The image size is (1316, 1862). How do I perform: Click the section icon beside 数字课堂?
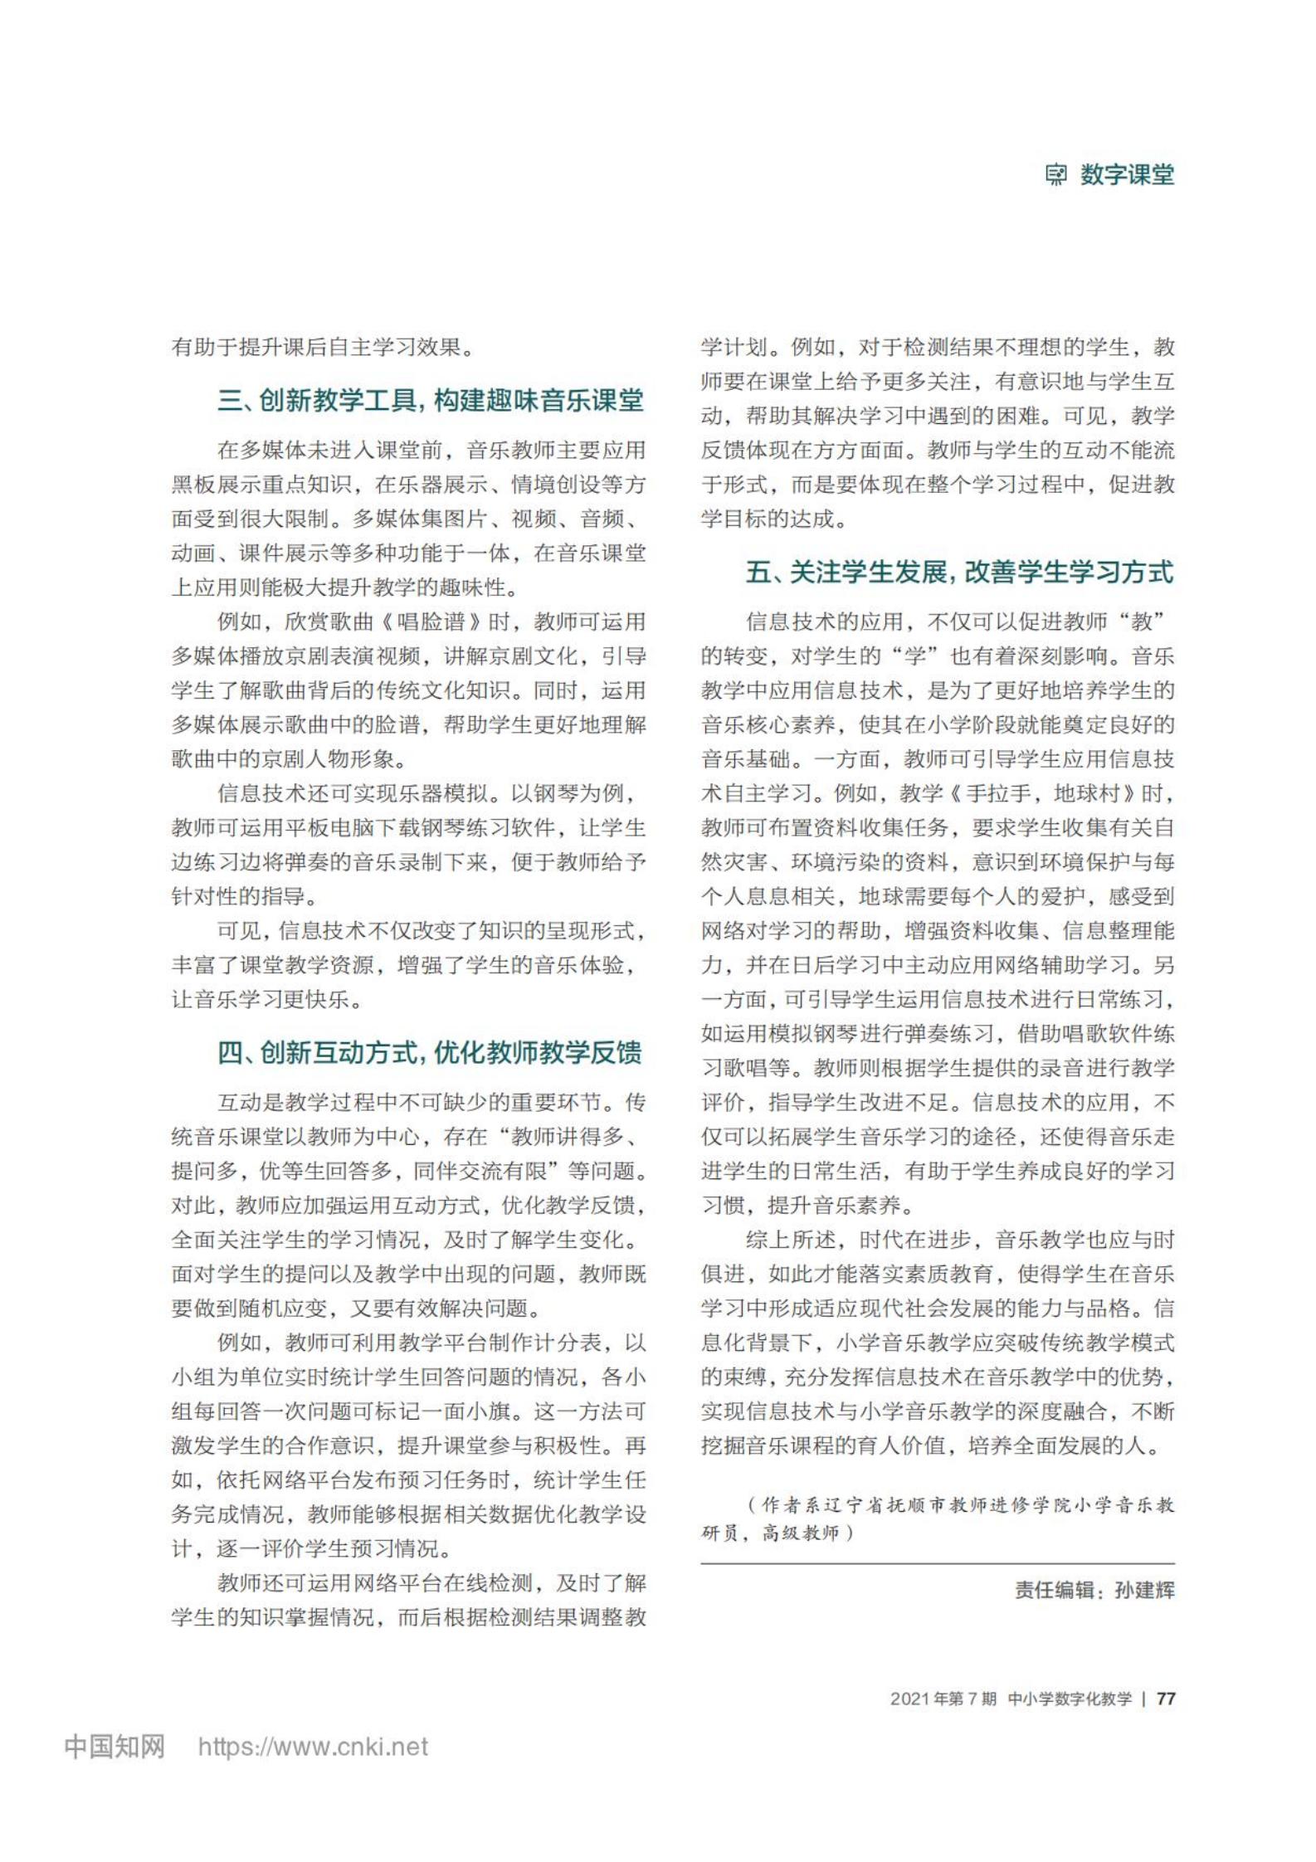click(x=1055, y=175)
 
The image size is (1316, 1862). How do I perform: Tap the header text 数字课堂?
click(x=1127, y=175)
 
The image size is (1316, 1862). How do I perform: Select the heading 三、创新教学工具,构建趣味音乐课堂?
click(x=430, y=401)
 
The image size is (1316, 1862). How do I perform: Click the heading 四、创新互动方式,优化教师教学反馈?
click(x=430, y=1053)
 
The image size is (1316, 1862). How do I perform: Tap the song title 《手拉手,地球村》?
click(x=1042, y=793)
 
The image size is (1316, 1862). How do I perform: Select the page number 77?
click(x=1166, y=1693)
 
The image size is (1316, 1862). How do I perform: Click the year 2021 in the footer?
click(x=910, y=1693)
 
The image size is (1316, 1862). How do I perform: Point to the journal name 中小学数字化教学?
click(x=1070, y=1693)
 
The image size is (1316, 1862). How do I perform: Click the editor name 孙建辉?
click(x=1145, y=1590)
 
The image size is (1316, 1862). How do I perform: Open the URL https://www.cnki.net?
click(x=313, y=1747)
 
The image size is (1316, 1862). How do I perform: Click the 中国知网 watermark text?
click(x=115, y=1747)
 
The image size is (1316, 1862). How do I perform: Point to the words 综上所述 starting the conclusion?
click(x=791, y=1240)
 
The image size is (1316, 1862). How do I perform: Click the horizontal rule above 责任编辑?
click(x=938, y=1563)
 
